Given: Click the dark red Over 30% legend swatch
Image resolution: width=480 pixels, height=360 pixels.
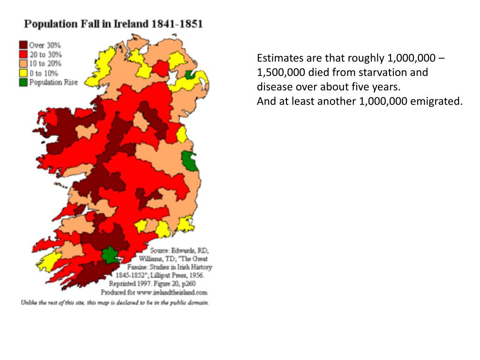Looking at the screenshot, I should (23, 45).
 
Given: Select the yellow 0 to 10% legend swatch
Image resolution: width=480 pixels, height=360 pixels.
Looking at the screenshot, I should (23, 73).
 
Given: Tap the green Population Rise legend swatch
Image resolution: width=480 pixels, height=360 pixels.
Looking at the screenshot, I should (23, 82).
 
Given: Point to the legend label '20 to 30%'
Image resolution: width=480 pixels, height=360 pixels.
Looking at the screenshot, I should (45, 54).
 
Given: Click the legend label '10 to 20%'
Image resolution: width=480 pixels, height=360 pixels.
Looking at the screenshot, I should (45, 64).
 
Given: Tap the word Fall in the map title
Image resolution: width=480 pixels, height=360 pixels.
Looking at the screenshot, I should (96, 24).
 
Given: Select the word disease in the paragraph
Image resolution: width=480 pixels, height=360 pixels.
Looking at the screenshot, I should (274, 87).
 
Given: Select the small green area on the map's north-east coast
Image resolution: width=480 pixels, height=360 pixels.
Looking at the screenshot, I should (189, 75).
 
